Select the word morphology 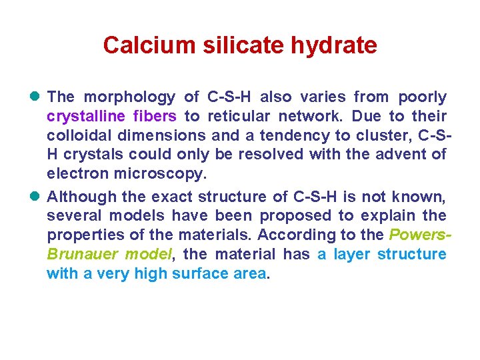coord(129,97)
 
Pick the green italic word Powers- coord(421,235)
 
